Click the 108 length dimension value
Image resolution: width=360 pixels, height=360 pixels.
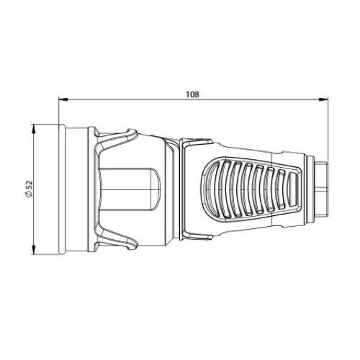(x=193, y=94)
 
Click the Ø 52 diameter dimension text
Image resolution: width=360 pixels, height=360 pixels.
(x=29, y=189)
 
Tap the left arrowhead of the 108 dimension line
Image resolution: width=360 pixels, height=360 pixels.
(x=63, y=99)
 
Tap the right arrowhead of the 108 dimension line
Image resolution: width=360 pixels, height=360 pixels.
(x=323, y=99)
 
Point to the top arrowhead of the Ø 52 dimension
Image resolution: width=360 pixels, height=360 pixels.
(x=34, y=129)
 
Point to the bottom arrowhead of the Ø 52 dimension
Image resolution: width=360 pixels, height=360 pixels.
(x=34, y=250)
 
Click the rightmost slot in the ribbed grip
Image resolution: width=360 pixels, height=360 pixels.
(x=292, y=189)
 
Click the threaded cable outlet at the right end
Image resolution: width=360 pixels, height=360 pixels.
(x=322, y=189)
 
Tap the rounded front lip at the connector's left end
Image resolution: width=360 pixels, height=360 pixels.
(x=62, y=189)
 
